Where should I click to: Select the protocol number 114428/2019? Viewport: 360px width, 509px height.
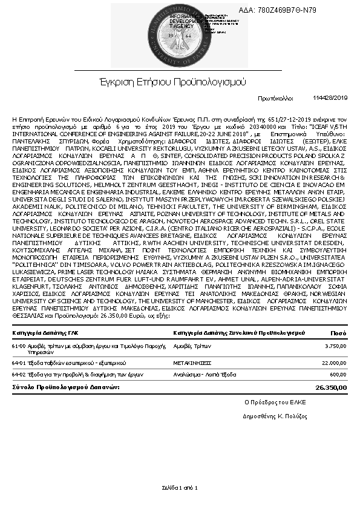(x=330, y=97)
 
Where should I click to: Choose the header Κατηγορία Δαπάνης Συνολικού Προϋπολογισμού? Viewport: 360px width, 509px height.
(x=237, y=333)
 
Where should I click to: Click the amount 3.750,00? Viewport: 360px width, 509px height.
(x=335, y=346)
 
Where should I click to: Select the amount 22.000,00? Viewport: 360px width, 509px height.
(x=333, y=363)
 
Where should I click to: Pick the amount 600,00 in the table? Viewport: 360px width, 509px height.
(x=338, y=373)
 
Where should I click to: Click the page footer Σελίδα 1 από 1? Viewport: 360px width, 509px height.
(x=180, y=487)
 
